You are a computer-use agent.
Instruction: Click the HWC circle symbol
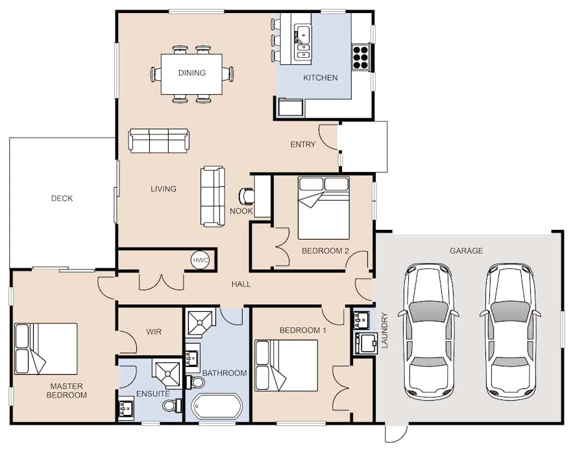201,260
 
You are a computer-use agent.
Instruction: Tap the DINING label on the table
192,73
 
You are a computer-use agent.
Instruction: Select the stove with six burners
360,57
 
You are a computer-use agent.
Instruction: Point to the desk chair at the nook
247,196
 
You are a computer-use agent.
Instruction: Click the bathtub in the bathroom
216,406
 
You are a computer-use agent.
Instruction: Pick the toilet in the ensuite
173,405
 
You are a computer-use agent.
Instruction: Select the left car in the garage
428,331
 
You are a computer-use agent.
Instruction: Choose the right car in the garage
510,331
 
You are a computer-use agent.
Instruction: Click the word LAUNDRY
385,330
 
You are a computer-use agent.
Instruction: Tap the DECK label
62,198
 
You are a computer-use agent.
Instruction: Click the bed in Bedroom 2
324,208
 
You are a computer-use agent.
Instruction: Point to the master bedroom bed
46,349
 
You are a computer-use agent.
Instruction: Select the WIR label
154,332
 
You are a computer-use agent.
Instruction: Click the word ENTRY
303,144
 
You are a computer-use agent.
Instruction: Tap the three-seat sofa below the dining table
159,141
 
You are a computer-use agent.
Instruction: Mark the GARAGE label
466,251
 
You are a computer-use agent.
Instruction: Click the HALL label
241,284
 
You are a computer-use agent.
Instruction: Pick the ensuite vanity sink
127,408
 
